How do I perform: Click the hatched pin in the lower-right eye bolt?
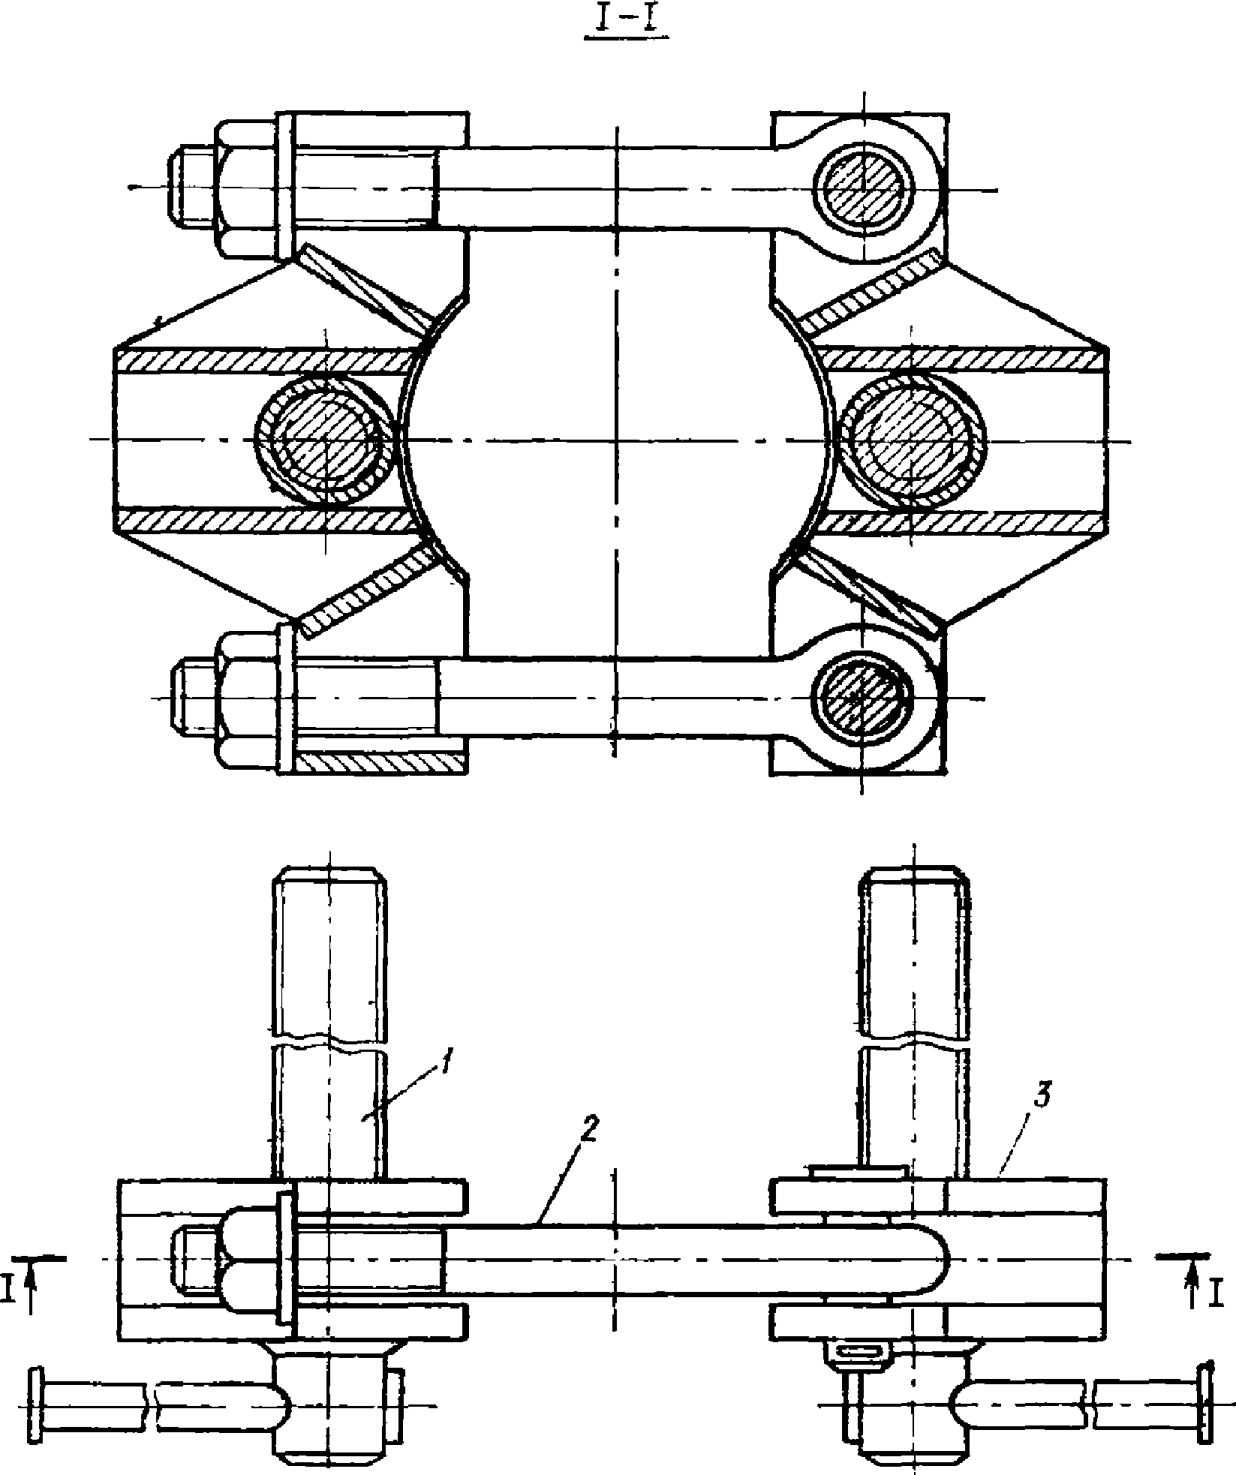click(859, 696)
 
